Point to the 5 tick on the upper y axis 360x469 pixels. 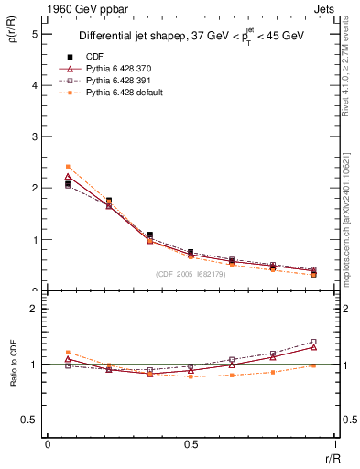point(34,34)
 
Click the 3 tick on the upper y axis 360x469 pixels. point(34,137)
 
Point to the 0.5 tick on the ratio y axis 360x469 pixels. point(27,420)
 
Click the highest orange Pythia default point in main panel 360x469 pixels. point(68,167)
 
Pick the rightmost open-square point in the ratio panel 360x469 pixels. point(313,342)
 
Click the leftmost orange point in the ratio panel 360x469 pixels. point(68,352)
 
